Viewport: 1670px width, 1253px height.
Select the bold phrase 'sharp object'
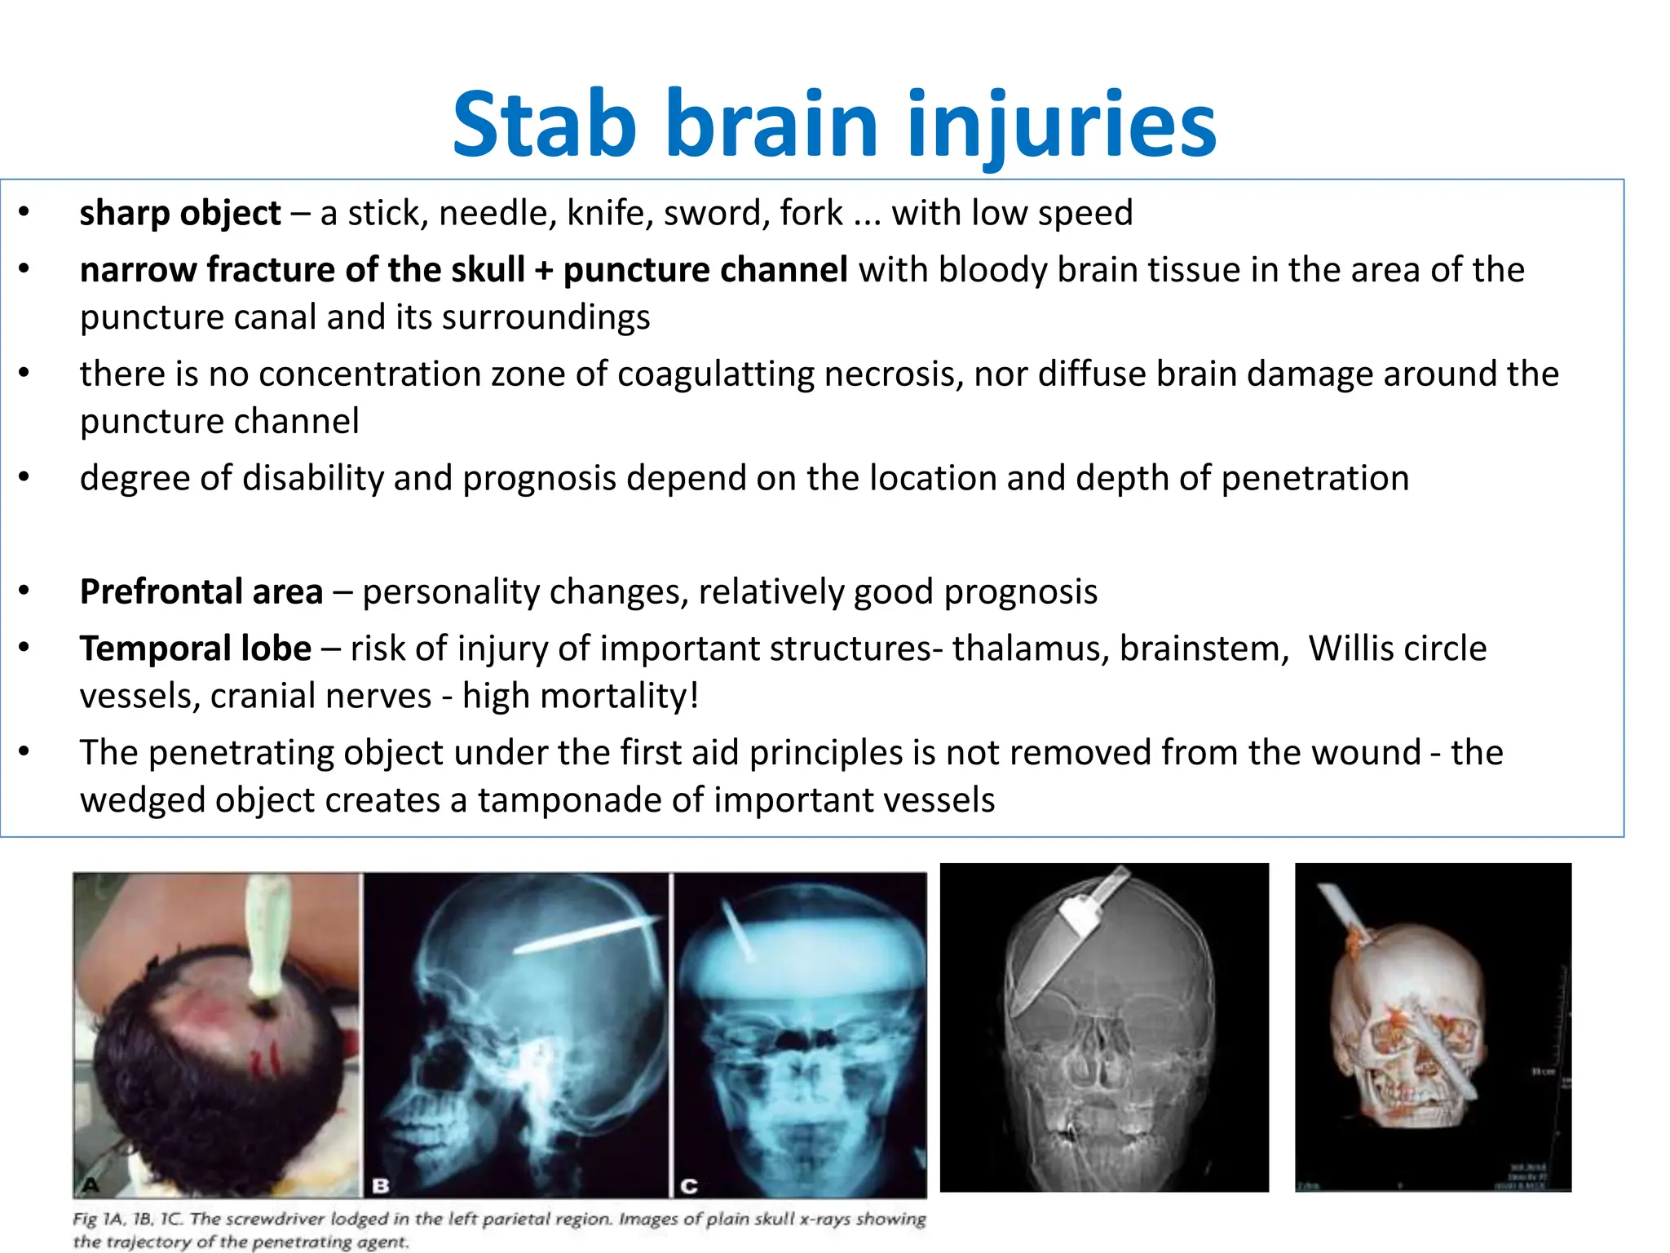(179, 213)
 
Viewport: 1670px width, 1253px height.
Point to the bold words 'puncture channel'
(705, 270)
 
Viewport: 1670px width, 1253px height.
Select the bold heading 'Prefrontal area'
(201, 592)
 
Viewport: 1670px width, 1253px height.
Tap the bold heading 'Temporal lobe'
(195, 649)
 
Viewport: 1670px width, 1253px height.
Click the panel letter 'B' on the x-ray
(380, 1184)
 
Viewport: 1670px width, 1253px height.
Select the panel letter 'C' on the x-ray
(689, 1184)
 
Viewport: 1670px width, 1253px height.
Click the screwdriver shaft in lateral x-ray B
(587, 935)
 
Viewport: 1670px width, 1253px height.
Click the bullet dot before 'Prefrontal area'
(24, 591)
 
